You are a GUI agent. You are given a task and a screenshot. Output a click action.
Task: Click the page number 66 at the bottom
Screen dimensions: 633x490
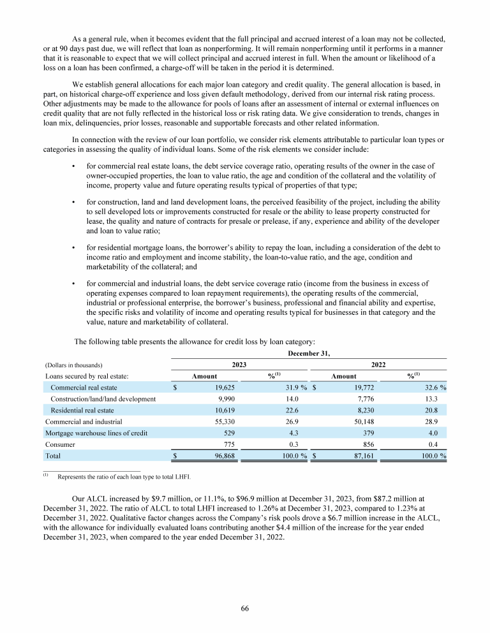244,609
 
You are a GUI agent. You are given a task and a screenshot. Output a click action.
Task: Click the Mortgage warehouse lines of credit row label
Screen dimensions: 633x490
96,433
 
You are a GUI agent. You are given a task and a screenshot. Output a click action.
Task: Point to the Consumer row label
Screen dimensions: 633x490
61,444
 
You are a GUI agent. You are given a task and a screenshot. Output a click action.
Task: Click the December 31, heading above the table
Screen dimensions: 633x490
309,351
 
